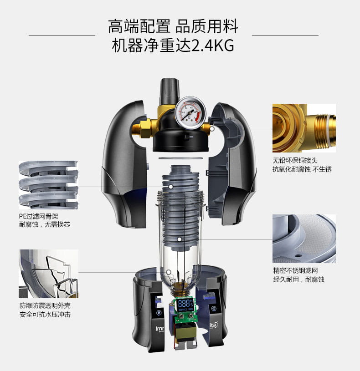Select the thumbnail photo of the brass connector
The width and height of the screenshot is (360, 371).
click(x=304, y=128)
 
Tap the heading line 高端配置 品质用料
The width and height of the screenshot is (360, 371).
click(x=173, y=27)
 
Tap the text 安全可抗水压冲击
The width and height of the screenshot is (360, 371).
click(x=45, y=315)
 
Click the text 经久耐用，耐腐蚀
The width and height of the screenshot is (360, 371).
click(x=298, y=280)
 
